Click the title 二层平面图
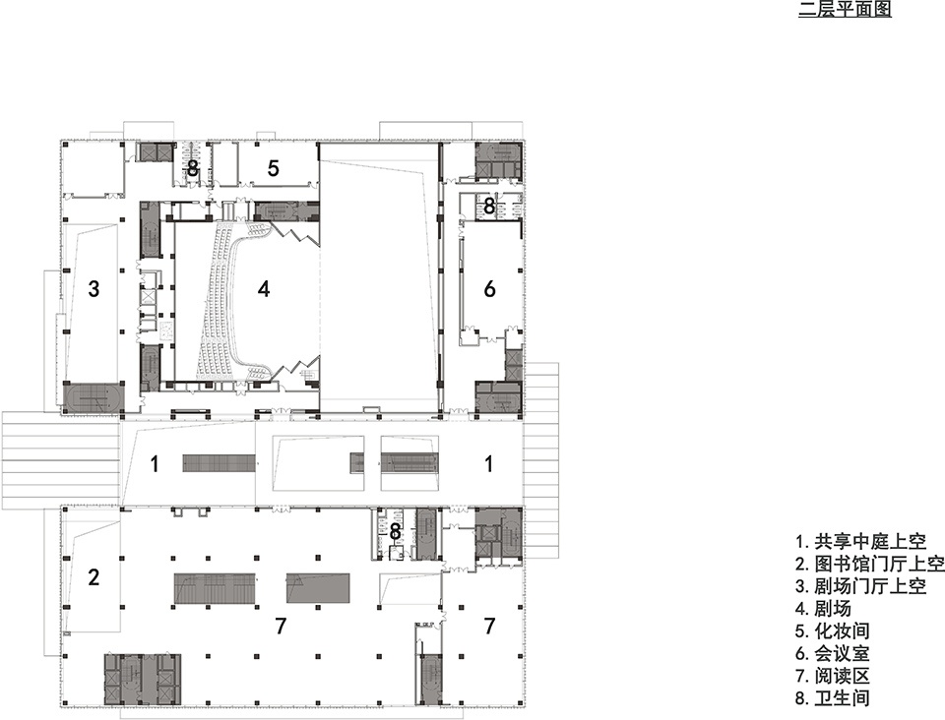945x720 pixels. tap(845, 9)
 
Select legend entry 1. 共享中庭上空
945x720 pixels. tap(860, 542)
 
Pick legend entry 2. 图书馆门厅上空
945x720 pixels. tap(869, 564)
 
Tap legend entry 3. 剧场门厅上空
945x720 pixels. tap(860, 586)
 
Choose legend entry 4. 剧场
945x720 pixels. tap(824, 608)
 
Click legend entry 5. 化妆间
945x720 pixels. tap(833, 630)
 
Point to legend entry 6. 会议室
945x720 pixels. tap(833, 652)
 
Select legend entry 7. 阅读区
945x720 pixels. tap(833, 676)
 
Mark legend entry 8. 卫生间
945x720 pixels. tap(833, 697)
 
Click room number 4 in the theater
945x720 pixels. tap(264, 289)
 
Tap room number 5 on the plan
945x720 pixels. tap(273, 168)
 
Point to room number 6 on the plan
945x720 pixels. tap(489, 289)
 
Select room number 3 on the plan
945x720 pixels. tap(94, 289)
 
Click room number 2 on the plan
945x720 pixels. tap(94, 577)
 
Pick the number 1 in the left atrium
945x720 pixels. tap(155, 464)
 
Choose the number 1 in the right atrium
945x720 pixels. tap(489, 464)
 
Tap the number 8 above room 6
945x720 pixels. tap(489, 207)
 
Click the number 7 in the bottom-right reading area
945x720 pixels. tap(489, 627)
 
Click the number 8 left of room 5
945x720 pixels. tap(192, 168)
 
